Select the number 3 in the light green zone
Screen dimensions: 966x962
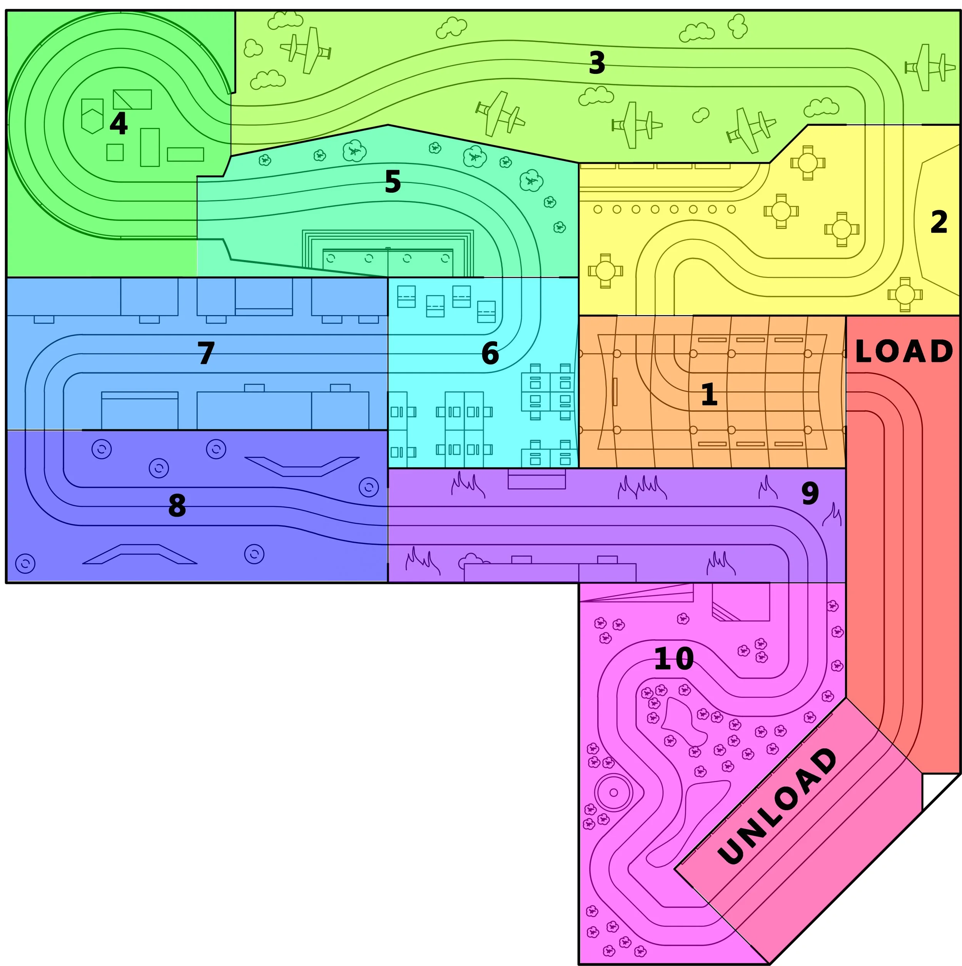tap(597, 63)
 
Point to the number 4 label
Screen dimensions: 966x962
tap(119, 123)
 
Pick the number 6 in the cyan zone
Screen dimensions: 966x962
tap(490, 353)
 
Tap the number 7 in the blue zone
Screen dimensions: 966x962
tap(206, 353)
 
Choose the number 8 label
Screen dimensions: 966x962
tap(177, 506)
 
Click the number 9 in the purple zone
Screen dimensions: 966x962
tap(810, 494)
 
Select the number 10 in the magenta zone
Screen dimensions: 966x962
tap(673, 659)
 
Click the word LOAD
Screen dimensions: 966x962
tap(904, 352)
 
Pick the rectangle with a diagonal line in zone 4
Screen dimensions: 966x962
tap(132, 99)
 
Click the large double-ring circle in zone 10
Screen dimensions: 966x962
tap(613, 792)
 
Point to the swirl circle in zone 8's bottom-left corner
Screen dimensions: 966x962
tap(25, 564)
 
